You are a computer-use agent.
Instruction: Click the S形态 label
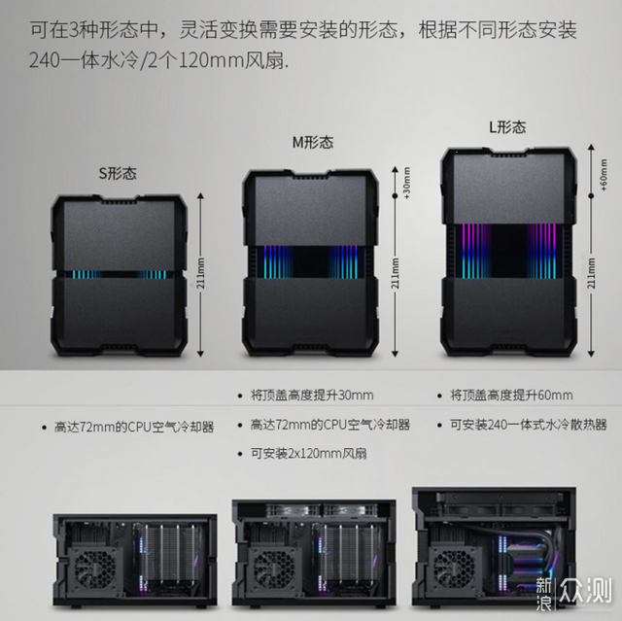(118, 173)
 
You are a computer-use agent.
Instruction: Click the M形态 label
(313, 142)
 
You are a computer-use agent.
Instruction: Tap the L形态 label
(507, 127)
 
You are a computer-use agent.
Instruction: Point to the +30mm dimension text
(406, 183)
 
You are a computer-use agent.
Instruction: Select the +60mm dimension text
(604, 175)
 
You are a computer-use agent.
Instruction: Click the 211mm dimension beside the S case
(201, 273)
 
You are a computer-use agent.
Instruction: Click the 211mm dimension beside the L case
(592, 273)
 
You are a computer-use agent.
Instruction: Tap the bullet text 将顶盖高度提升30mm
(312, 396)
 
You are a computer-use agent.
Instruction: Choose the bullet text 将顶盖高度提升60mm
(511, 396)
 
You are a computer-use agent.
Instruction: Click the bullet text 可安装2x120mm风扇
(309, 453)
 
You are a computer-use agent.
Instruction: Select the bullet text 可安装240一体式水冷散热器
(529, 425)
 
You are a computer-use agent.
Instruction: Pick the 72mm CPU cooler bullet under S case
(134, 427)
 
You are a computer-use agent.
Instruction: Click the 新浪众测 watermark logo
(573, 594)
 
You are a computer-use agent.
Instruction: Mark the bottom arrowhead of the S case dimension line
(200, 353)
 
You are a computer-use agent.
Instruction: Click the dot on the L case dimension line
(591, 196)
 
